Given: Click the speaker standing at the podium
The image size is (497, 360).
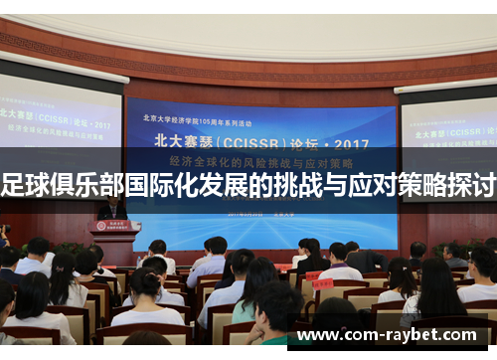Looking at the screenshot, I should coord(111,207).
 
